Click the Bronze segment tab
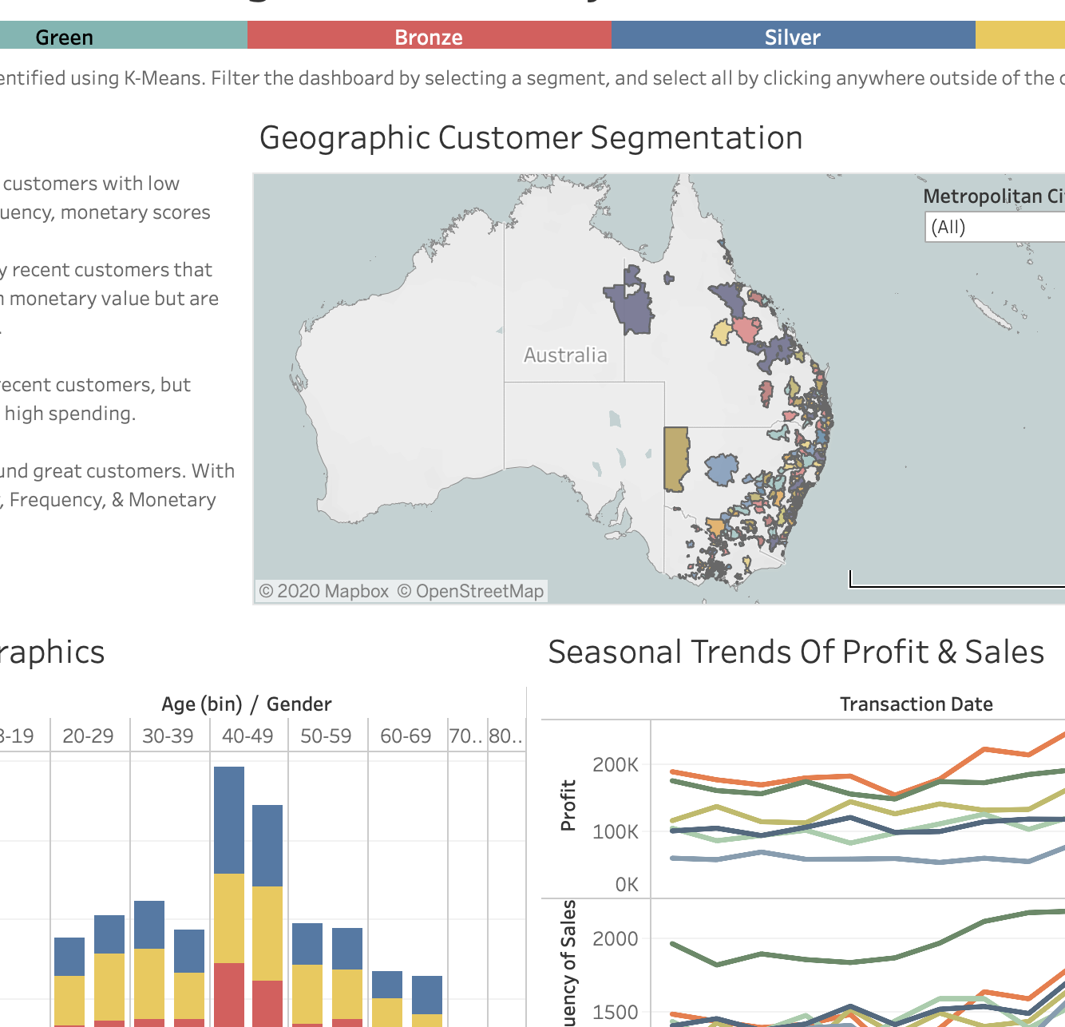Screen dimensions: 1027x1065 [x=429, y=37]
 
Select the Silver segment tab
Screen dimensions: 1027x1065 [x=792, y=37]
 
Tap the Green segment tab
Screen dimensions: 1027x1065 [x=64, y=37]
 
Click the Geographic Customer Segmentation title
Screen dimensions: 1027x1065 [x=531, y=137]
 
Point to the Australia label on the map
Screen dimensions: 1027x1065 [x=565, y=355]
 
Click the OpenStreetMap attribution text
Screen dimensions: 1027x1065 [x=470, y=591]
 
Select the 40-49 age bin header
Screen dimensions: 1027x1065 [x=247, y=736]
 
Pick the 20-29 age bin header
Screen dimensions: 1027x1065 [x=88, y=736]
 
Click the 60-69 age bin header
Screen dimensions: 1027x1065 [x=406, y=736]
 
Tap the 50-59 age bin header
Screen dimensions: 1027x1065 [x=326, y=736]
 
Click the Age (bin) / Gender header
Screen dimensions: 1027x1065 [x=246, y=704]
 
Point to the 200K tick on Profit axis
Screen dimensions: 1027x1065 [x=616, y=764]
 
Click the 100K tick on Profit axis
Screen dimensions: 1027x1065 [x=616, y=831]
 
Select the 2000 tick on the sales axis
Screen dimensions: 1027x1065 [x=616, y=938]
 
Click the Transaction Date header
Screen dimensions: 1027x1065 [x=916, y=704]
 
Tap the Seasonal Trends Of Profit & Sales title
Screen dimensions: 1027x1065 [x=796, y=652]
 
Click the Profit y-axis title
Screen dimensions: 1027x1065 [x=568, y=805]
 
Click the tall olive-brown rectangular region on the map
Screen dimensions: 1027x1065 [x=676, y=459]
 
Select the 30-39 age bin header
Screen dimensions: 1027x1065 [x=168, y=736]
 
